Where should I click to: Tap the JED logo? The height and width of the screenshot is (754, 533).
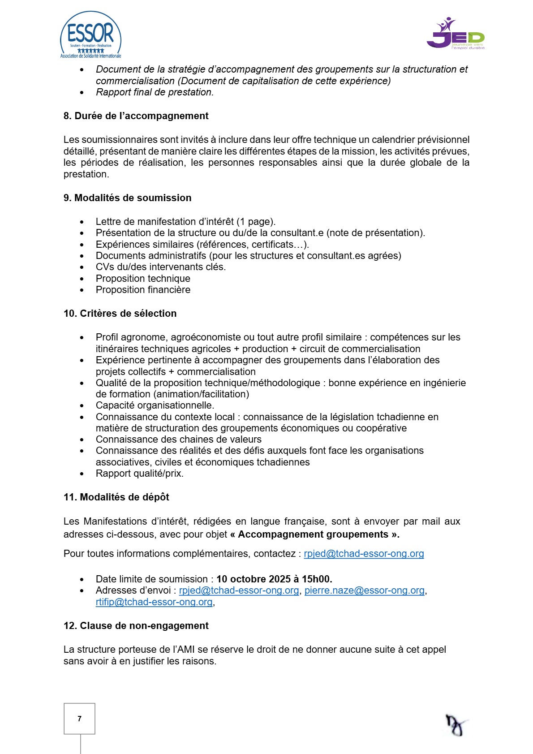click(x=456, y=34)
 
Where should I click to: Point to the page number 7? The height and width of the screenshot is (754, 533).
click(x=80, y=719)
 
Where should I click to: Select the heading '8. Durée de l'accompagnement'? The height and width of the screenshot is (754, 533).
click(x=136, y=116)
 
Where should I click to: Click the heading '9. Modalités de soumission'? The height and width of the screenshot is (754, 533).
click(x=127, y=198)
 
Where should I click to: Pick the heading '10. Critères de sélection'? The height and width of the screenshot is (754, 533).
click(x=120, y=314)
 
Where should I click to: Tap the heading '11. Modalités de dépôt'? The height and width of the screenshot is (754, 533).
click(x=116, y=497)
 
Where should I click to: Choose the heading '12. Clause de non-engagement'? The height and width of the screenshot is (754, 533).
click(x=136, y=626)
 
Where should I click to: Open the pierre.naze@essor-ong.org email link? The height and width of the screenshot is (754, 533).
click(x=364, y=590)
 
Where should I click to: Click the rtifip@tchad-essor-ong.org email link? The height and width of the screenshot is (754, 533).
click(x=154, y=602)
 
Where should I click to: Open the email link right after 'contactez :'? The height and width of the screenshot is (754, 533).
click(x=364, y=554)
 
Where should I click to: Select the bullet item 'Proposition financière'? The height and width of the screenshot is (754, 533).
click(x=143, y=290)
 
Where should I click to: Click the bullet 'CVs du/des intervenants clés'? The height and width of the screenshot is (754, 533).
click(x=160, y=267)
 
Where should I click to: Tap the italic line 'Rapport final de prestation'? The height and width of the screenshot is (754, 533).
click(x=155, y=92)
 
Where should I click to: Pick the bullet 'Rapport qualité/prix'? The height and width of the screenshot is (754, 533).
click(x=139, y=474)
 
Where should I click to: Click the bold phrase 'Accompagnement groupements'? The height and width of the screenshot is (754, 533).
click(x=313, y=534)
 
